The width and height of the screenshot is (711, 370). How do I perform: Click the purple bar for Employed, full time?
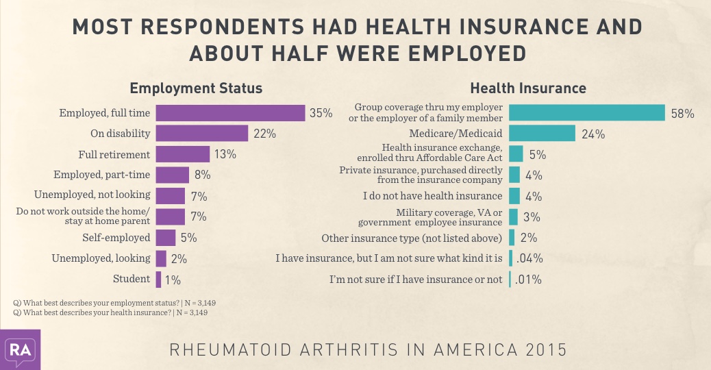coord(230,113)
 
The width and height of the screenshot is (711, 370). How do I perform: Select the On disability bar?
coord(201,134)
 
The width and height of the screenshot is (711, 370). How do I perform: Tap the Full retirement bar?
coord(182,154)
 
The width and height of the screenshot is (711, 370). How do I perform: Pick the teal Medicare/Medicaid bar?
coord(542,134)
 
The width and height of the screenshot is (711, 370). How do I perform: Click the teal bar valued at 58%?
coord(587,113)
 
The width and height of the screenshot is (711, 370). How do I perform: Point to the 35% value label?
coord(321,113)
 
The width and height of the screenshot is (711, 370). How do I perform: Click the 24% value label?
coord(594,134)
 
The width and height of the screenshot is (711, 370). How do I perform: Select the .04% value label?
coord(529,258)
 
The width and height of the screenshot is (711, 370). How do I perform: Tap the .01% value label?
coord(528,280)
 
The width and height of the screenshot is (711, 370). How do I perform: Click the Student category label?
coord(132,279)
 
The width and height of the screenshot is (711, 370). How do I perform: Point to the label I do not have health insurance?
coord(432,196)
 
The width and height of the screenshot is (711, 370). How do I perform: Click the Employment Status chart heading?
coord(196,88)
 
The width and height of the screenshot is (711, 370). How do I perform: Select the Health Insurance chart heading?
coord(527,88)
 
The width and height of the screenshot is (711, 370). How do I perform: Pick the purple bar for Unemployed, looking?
coord(161,258)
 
